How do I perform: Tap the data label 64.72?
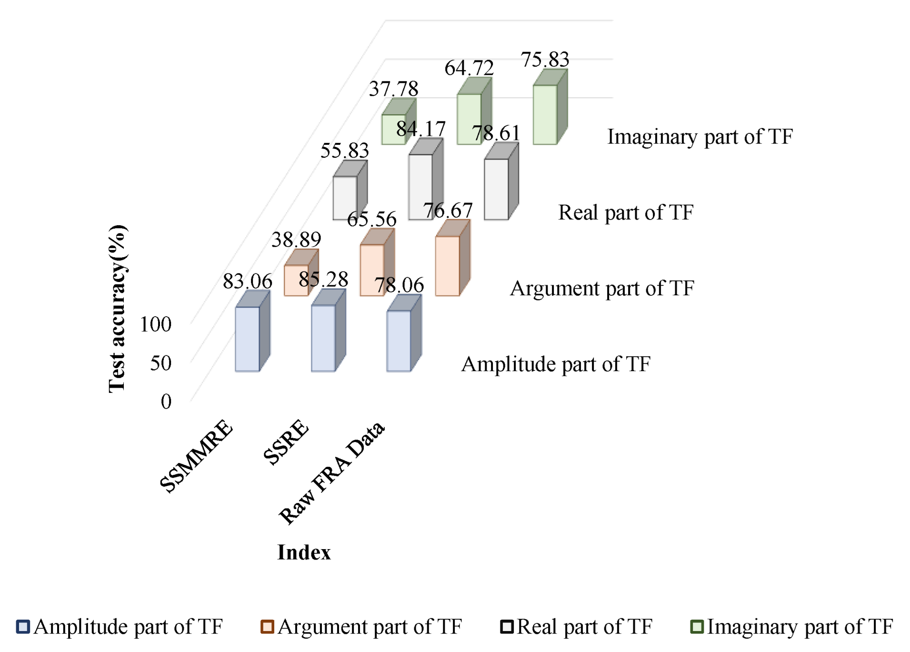[469, 68]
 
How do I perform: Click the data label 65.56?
[371, 219]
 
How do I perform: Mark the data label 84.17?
[421, 129]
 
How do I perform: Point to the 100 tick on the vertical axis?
[155, 324]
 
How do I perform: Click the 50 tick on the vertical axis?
[160, 363]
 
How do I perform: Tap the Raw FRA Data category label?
[332, 472]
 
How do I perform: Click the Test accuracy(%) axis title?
[117, 309]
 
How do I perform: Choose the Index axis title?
[304, 552]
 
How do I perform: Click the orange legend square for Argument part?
[267, 627]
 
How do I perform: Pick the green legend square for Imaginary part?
[697, 627]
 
